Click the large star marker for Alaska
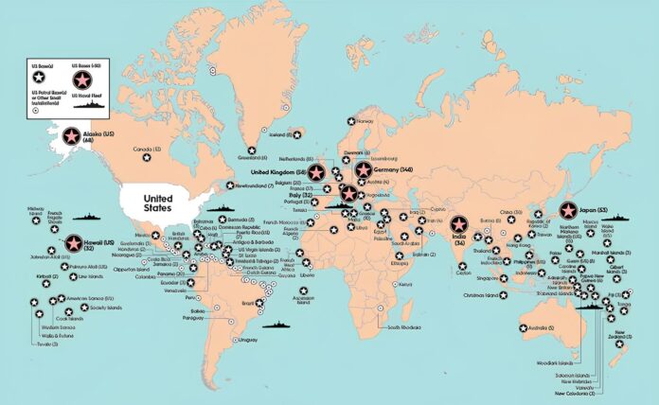71,137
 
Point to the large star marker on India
460,224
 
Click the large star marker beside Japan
568,210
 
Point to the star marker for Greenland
251,150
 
